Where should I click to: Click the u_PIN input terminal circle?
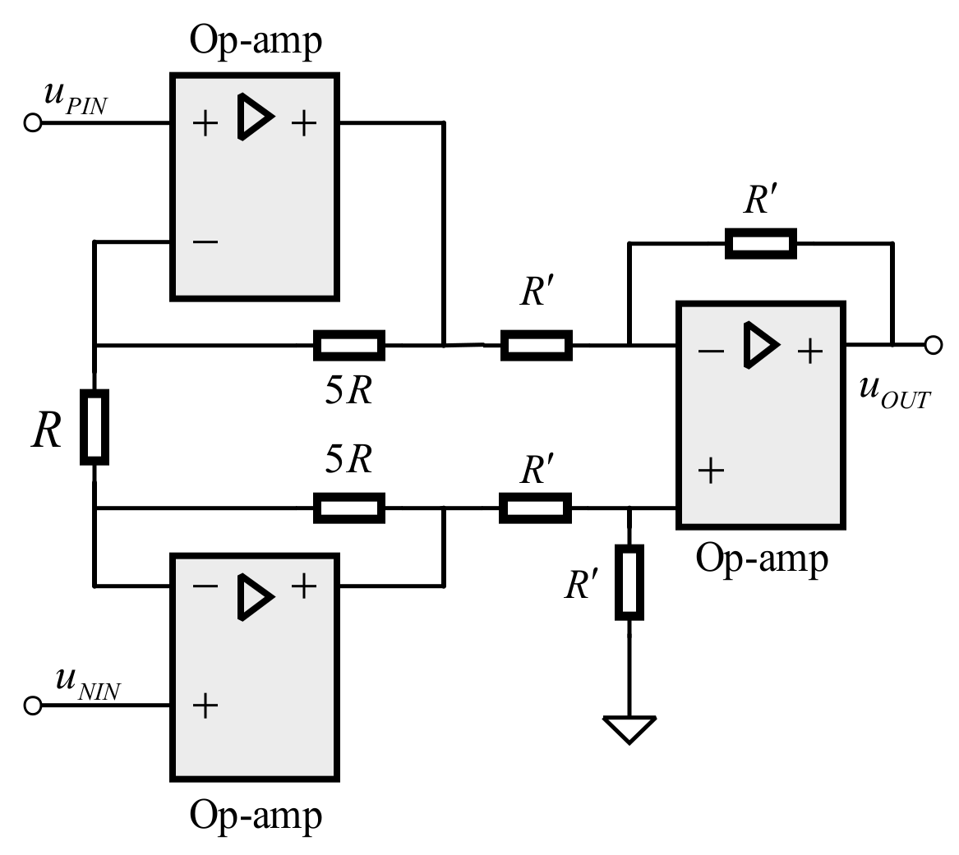tap(33, 123)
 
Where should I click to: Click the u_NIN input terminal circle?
tap(33, 706)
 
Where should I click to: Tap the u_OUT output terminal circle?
tap(933, 345)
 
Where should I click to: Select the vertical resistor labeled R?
tap(95, 428)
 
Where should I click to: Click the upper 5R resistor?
tap(348, 346)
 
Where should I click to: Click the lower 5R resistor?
tap(348, 508)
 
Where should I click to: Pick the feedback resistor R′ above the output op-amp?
tap(760, 244)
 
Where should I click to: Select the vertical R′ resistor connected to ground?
tap(629, 581)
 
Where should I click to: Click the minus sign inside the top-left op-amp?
tap(205, 241)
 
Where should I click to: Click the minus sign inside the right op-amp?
tap(711, 351)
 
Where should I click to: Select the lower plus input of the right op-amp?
tap(711, 471)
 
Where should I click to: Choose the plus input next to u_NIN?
tap(205, 706)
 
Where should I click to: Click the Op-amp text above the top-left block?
tap(256, 40)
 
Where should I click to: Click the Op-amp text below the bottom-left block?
tap(256, 816)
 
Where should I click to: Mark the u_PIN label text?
tap(75, 98)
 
